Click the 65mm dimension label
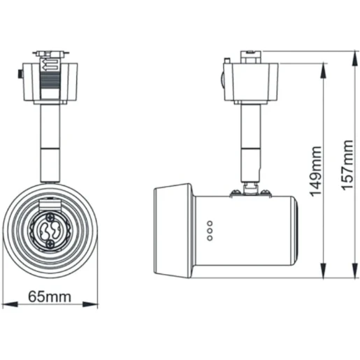pyautogui.click(x=49, y=296)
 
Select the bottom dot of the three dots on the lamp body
pyautogui.click(x=210, y=238)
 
